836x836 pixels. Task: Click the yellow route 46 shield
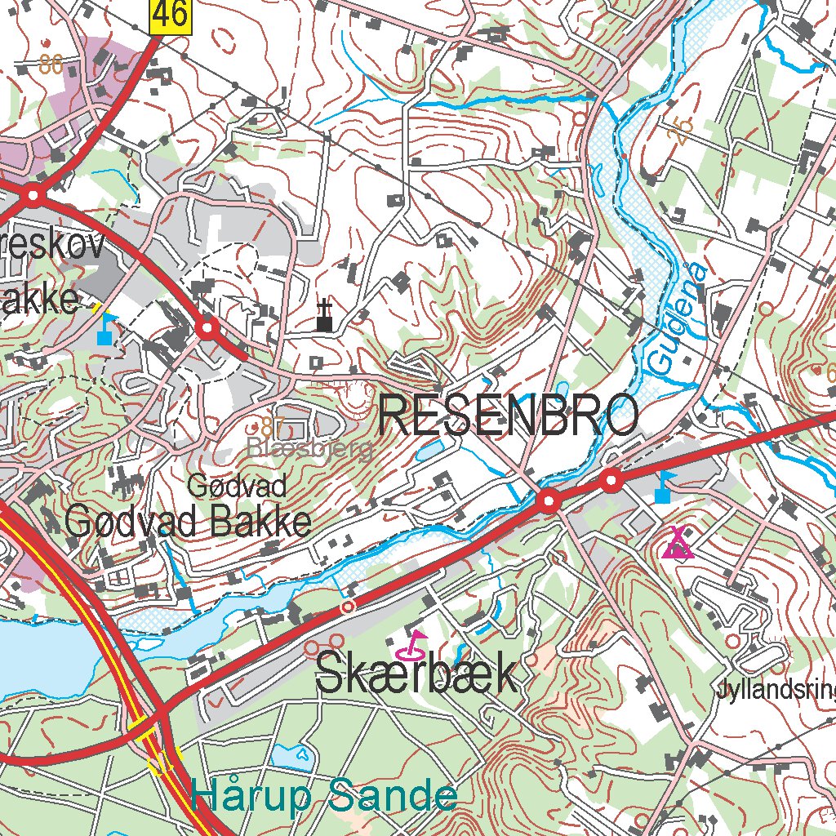tap(170, 17)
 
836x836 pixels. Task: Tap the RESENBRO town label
tap(509, 416)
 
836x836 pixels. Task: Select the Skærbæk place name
tap(416, 675)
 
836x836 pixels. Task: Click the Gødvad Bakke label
tap(188, 521)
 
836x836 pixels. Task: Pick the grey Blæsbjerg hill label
tap(310, 448)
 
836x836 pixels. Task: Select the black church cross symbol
tap(325, 316)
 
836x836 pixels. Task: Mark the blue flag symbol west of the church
tap(104, 329)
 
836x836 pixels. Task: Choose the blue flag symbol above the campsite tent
tap(663, 487)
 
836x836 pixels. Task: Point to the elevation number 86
tap(51, 65)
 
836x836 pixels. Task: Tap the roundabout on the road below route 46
tap(33, 195)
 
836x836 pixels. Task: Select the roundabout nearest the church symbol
tap(207, 328)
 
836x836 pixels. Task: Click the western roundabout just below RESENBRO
tap(549, 500)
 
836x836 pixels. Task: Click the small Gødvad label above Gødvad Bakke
tap(237, 487)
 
